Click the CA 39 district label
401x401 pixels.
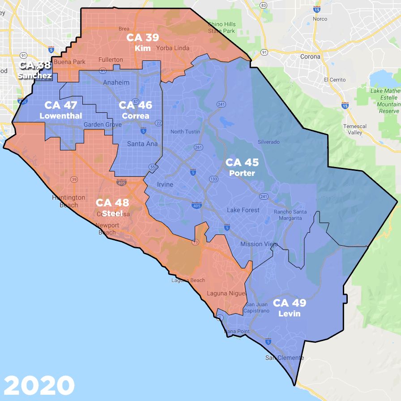(142, 38)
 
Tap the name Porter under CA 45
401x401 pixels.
(242, 173)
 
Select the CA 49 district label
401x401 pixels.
(290, 303)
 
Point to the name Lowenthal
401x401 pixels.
(61, 116)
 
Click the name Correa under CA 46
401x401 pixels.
(135, 116)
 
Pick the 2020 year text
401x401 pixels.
(39, 384)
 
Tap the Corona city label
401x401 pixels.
(310, 57)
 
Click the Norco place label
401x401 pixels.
(320, 19)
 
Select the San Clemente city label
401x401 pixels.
(284, 358)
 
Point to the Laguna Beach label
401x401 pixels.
(188, 281)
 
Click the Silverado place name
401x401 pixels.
(269, 142)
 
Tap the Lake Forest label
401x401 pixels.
(243, 210)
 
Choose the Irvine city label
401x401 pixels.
(165, 184)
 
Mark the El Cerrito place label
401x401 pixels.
(335, 80)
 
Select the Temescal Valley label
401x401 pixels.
(355, 129)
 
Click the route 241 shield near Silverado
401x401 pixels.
(264, 196)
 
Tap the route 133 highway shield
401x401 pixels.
(213, 179)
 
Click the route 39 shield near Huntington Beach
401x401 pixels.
(73, 179)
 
